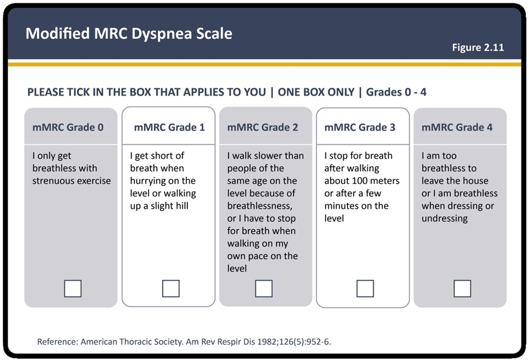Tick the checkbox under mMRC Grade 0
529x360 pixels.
(x=73, y=288)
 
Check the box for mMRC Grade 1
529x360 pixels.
(x=171, y=288)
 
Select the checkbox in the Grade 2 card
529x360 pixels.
(x=264, y=288)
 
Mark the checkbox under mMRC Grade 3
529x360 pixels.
(x=365, y=288)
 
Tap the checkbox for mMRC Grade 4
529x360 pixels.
(x=462, y=288)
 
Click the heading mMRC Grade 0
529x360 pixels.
(x=68, y=127)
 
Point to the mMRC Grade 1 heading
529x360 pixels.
(x=170, y=127)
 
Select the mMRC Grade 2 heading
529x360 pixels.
(x=263, y=127)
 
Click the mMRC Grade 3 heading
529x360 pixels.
(x=359, y=127)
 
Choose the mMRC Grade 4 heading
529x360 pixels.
(x=457, y=127)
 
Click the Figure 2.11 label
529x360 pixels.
(x=478, y=48)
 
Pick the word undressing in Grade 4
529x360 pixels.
(x=445, y=219)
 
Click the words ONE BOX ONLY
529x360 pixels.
(x=316, y=92)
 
